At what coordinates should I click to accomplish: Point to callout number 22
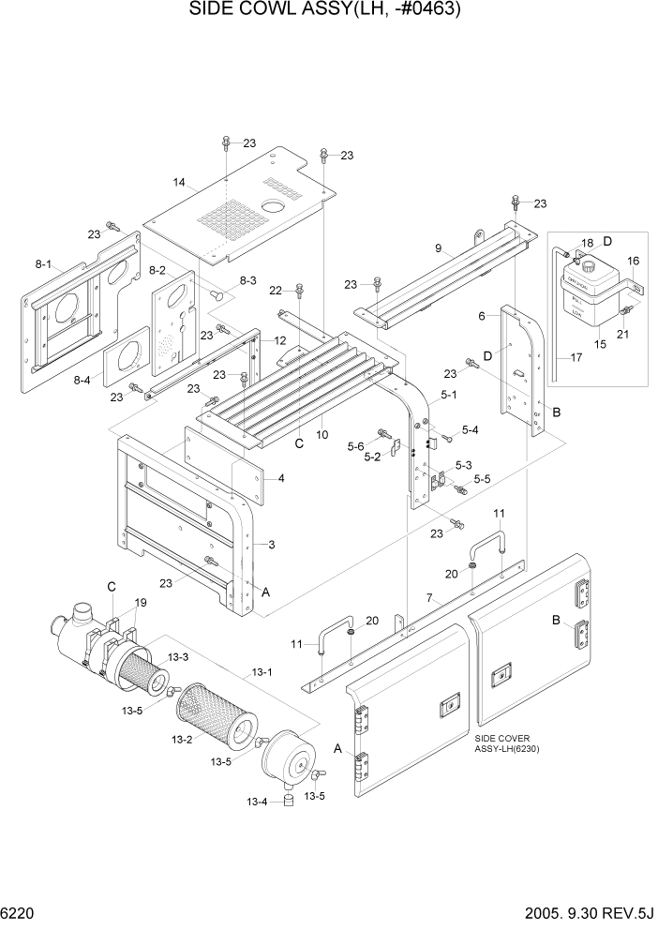coord(276,289)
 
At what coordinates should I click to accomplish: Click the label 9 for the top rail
coord(437,249)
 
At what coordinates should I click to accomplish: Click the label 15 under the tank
coord(600,346)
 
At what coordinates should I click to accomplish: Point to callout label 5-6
coord(356,446)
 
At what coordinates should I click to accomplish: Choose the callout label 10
coord(322,434)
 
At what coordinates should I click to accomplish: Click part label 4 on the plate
coord(280,478)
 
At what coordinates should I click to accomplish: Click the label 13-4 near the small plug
coord(257,802)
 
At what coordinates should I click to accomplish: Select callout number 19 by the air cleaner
coord(142,602)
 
